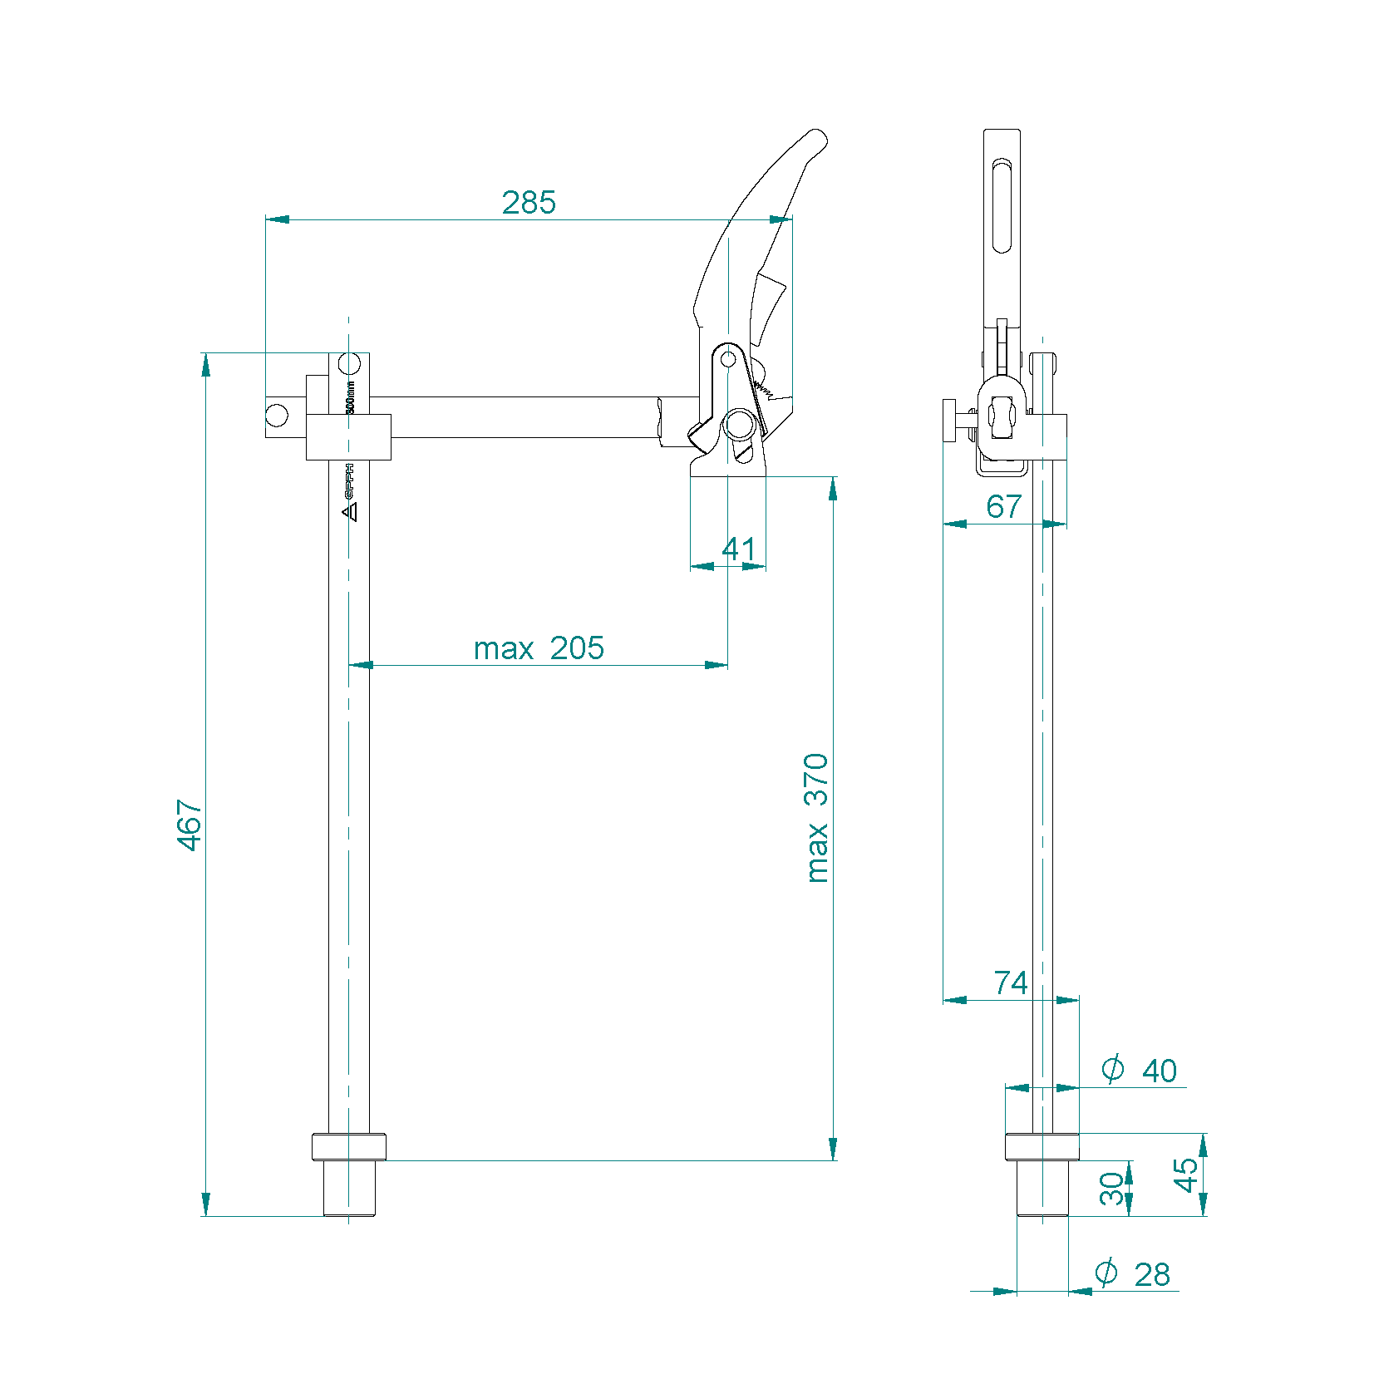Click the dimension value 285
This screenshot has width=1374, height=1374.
coord(529,202)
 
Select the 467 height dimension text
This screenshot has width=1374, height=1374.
coord(190,825)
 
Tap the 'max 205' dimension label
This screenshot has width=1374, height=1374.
coord(539,648)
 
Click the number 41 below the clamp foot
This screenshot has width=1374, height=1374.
coord(738,549)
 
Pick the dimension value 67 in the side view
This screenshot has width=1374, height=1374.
coord(1003,506)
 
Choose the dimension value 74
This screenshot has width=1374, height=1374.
coord(1011,982)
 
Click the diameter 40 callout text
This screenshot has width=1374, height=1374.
coord(1140,1070)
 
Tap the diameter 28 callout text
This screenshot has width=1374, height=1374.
coord(1133,1273)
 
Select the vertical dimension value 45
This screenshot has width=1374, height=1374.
coord(1186,1175)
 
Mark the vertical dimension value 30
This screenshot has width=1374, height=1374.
coord(1111,1189)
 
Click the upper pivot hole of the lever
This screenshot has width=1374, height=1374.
coord(728,359)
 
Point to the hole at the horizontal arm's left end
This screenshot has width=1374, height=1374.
coord(277,415)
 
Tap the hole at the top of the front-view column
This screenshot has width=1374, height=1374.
coord(350,364)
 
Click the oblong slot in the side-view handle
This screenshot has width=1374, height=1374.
coord(1002,207)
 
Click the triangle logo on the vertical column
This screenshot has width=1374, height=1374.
coord(350,511)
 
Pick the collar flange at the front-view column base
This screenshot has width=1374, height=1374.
coord(349,1147)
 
